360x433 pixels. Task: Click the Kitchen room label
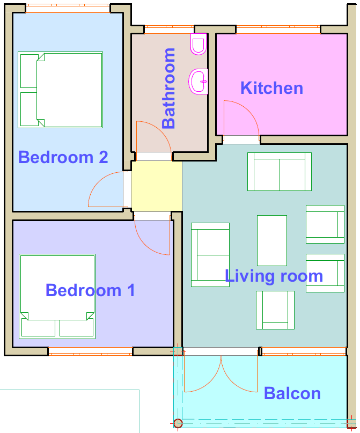pyautogui.click(x=271, y=88)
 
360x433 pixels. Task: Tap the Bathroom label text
pyautogui.click(x=168, y=89)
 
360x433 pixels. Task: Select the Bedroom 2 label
pyautogui.click(x=63, y=157)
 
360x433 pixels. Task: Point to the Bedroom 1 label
pyautogui.click(x=90, y=290)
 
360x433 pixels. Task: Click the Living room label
pyautogui.click(x=274, y=276)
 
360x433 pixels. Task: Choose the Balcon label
pyautogui.click(x=292, y=393)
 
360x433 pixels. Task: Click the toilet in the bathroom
pyautogui.click(x=199, y=44)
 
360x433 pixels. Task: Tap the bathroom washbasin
pyautogui.click(x=198, y=82)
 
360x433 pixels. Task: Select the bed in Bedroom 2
pyautogui.click(x=61, y=90)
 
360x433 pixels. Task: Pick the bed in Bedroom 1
pyautogui.click(x=57, y=296)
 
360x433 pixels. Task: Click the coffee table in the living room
pyautogui.click(x=272, y=240)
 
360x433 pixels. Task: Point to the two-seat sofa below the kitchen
pyautogui.click(x=280, y=172)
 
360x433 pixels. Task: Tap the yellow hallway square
pyautogui.click(x=157, y=186)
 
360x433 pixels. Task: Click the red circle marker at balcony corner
pyautogui.click(x=178, y=423)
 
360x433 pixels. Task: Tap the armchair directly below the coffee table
pyautogui.click(x=275, y=310)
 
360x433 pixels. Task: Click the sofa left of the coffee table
pyautogui.click(x=210, y=255)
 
